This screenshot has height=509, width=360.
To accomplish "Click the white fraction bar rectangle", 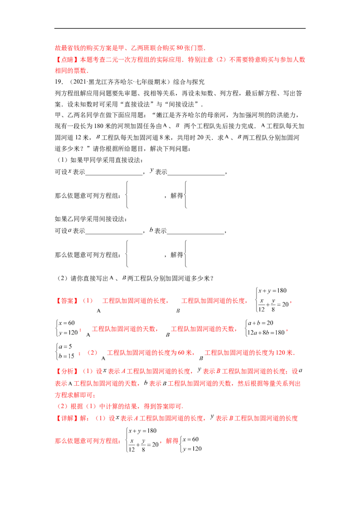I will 67,350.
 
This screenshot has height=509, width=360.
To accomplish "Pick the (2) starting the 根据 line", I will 63,406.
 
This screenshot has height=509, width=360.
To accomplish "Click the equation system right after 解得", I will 191,443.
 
